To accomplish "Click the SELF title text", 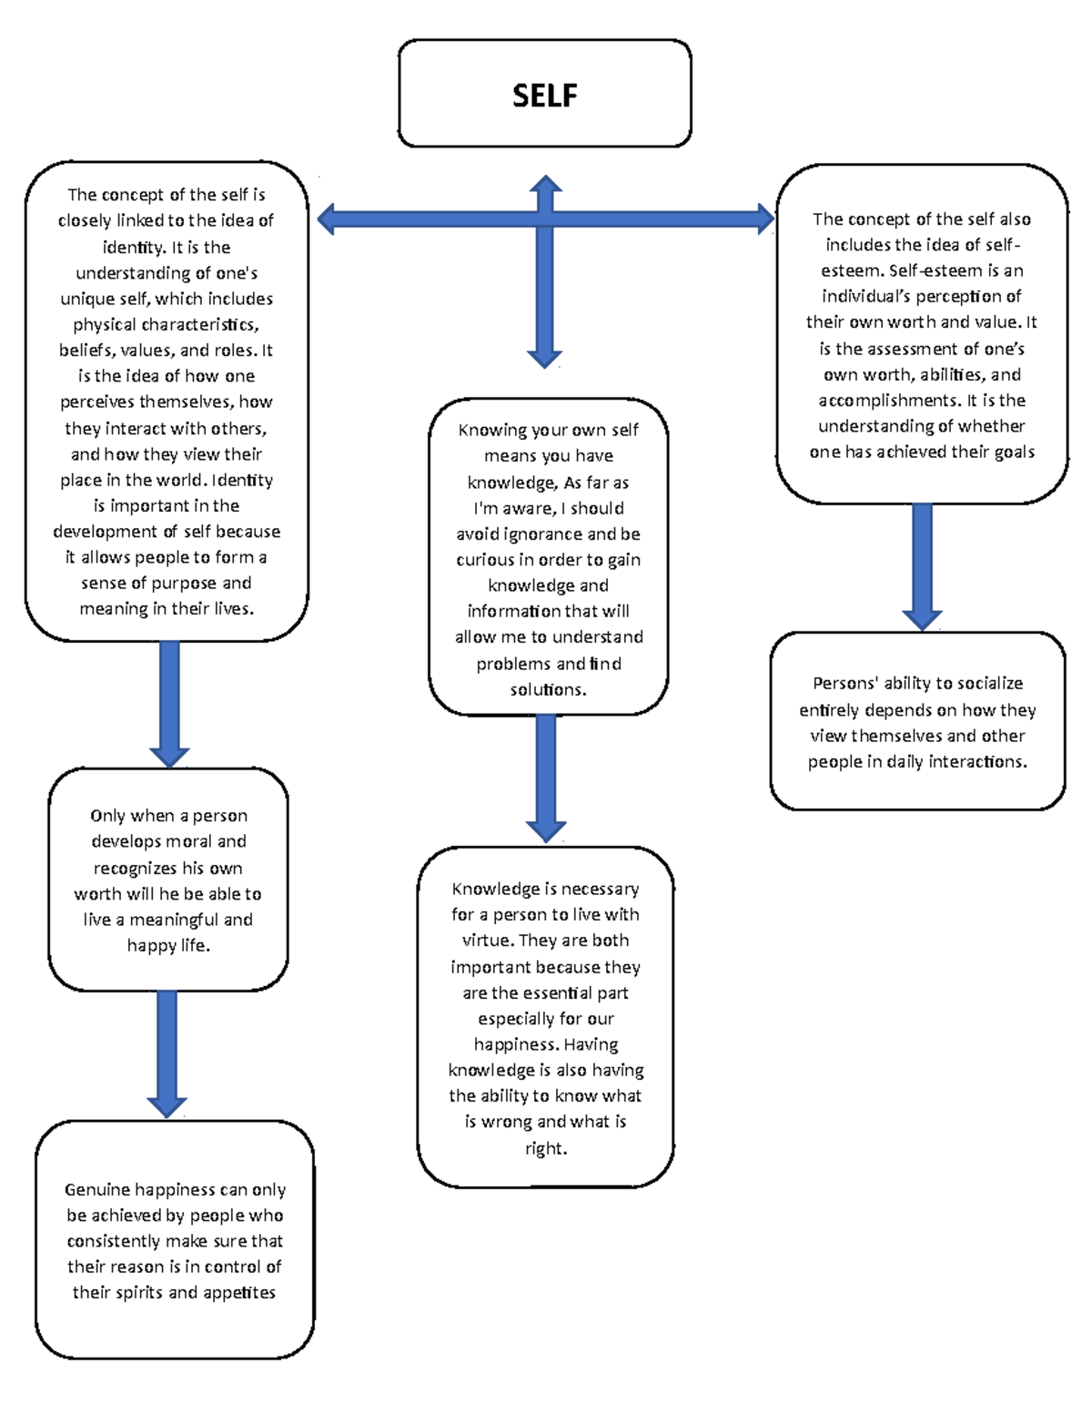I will (544, 96).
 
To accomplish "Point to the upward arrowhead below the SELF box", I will (545, 185).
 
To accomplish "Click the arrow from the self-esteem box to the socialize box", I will (922, 565).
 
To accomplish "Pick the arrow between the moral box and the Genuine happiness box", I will (167, 1052).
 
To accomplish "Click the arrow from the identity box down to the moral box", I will (169, 701).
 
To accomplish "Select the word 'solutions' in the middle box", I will (547, 690).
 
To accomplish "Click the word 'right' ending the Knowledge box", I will (545, 1149).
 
